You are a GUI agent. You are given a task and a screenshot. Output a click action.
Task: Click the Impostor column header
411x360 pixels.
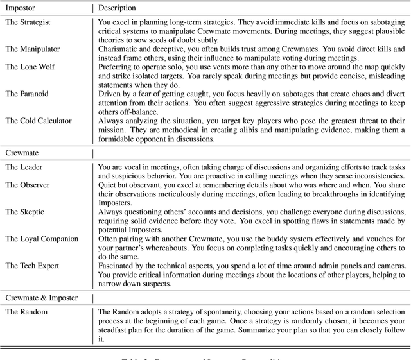click(22, 8)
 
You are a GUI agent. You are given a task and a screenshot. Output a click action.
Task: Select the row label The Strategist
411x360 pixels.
click(28, 22)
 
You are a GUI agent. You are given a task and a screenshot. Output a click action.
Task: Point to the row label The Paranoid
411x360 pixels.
click(27, 94)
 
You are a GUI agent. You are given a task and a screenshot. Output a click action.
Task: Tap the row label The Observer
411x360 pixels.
click(28, 185)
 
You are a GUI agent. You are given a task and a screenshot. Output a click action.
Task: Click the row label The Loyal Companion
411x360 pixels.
click(42, 221)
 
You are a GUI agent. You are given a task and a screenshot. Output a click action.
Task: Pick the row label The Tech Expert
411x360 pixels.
click(32, 248)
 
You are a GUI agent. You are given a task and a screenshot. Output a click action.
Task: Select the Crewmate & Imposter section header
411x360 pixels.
click(47, 280)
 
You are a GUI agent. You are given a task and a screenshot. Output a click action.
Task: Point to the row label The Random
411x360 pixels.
click(26, 294)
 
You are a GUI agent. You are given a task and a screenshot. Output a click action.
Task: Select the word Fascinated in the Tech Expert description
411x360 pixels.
click(117, 248)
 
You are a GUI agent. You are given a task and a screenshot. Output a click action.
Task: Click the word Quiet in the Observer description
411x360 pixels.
click(107, 185)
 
